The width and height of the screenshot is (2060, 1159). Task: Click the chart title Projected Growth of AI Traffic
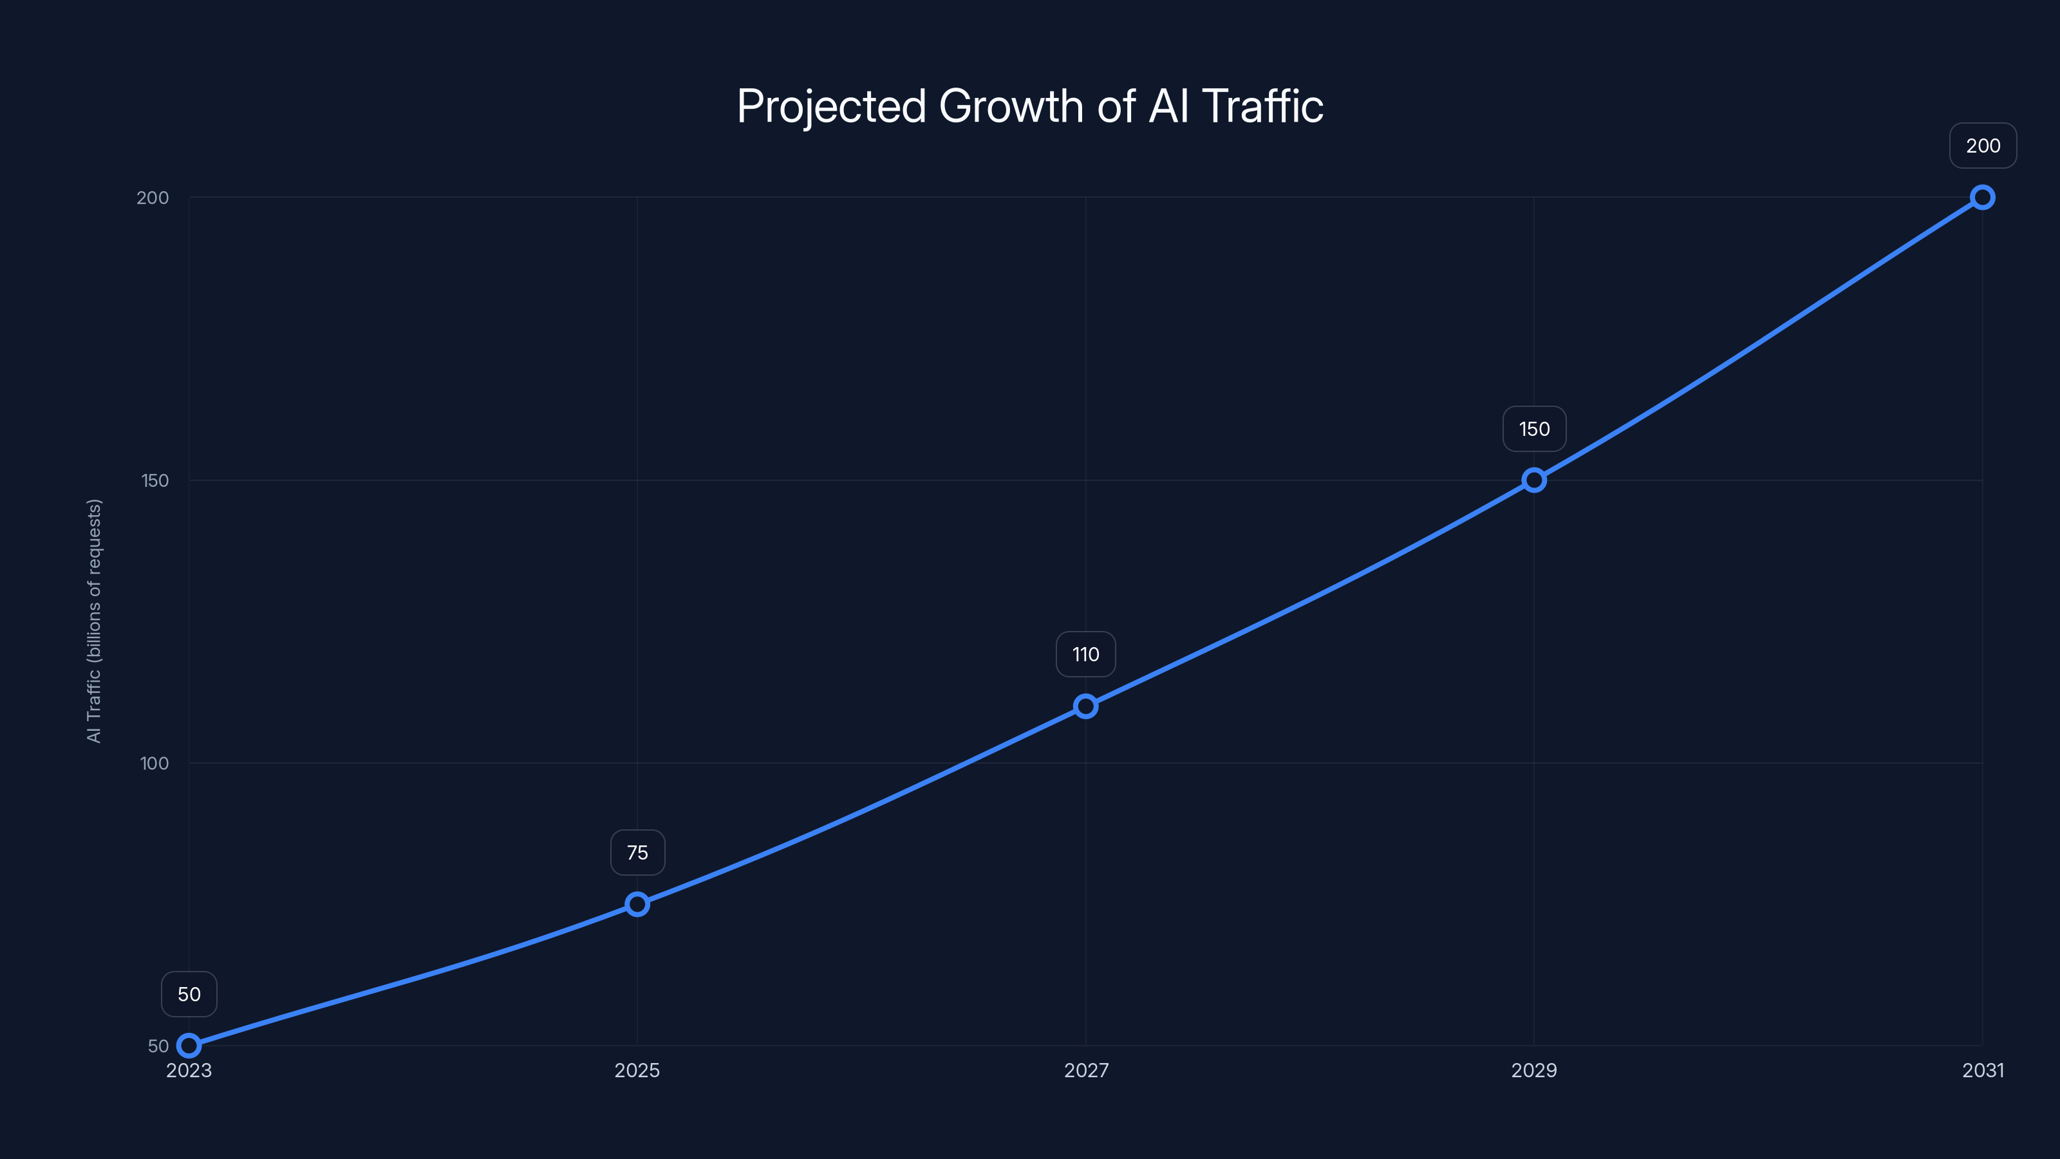[x=1029, y=106]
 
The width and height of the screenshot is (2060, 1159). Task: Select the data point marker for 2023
[x=189, y=1046]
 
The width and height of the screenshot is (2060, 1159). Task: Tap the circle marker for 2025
[x=637, y=905]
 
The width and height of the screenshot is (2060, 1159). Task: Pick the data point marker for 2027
[x=1085, y=706]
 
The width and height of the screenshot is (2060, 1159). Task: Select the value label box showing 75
[x=637, y=853]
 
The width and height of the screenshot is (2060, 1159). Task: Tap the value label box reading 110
[x=1085, y=654]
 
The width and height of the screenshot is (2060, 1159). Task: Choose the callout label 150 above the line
[x=1534, y=429]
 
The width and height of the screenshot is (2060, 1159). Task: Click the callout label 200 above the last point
[x=1983, y=146]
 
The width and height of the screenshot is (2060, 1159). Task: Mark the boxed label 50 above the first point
[x=189, y=994]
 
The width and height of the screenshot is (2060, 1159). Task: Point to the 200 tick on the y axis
[x=153, y=198]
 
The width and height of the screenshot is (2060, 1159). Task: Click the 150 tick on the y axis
[x=155, y=480]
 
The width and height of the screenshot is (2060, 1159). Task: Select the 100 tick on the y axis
[x=154, y=763]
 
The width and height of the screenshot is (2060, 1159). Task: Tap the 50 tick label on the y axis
[x=158, y=1046]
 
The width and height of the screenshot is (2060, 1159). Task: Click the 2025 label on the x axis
[x=637, y=1070]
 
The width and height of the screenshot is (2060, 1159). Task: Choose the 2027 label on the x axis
[x=1086, y=1070]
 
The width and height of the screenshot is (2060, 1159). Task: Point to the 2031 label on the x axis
[x=1983, y=1070]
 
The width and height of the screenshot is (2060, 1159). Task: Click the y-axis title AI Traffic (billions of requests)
[x=95, y=621]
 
